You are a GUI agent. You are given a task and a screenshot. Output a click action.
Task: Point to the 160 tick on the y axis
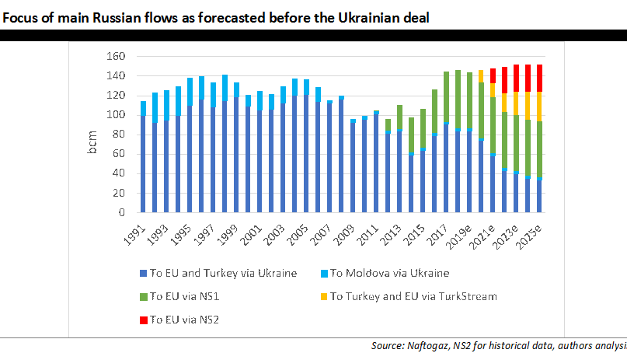[x=116, y=56]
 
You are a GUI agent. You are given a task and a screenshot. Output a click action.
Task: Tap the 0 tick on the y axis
[x=121, y=212]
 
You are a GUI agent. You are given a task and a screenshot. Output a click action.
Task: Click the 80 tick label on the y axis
[x=118, y=135]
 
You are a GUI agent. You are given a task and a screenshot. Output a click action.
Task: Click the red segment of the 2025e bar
[x=538, y=78]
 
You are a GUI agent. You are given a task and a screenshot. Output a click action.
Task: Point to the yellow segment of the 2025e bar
[x=538, y=106]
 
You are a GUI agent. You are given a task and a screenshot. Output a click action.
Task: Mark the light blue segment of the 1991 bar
[x=143, y=108]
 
